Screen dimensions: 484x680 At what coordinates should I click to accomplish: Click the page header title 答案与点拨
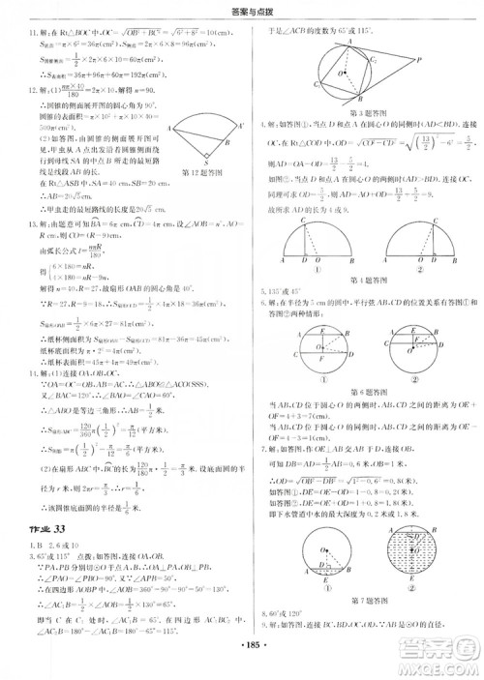[241, 12]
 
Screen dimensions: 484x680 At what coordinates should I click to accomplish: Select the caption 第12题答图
[204, 173]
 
